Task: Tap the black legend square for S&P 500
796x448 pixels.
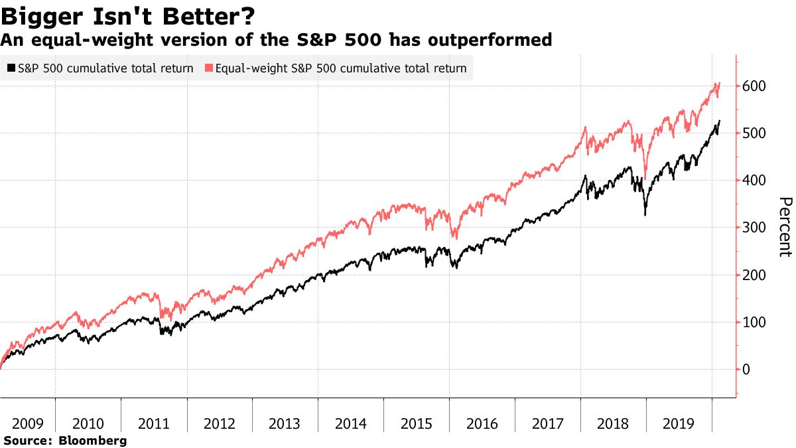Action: click(11, 68)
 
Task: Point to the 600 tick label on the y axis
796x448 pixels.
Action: click(755, 86)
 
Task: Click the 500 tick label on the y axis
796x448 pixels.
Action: click(755, 133)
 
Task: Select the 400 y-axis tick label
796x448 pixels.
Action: click(755, 181)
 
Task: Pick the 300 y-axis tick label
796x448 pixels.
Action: click(755, 228)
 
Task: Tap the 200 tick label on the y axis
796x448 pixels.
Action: click(755, 275)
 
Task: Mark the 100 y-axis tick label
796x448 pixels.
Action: click(755, 322)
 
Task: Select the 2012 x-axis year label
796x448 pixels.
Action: click(220, 423)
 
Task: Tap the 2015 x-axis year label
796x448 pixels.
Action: click(417, 423)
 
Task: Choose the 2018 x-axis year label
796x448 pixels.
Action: click(614, 423)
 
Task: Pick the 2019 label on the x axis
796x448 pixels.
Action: click(679, 423)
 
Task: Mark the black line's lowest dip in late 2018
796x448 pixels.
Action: click(645, 215)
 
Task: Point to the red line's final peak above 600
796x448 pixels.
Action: click(719, 83)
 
